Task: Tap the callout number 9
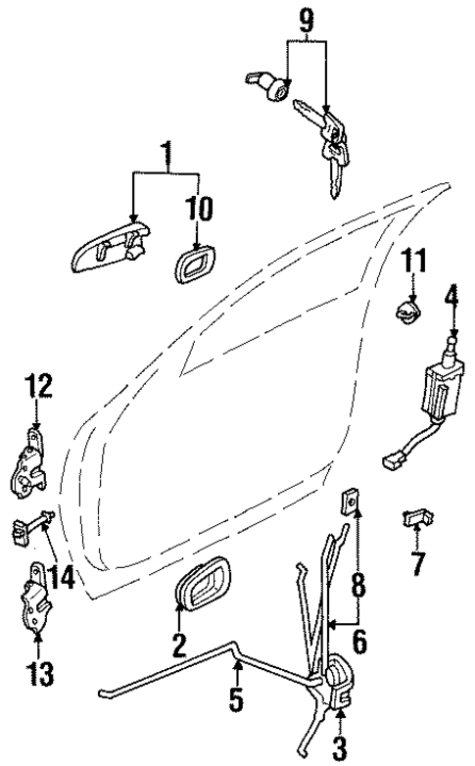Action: tap(306, 19)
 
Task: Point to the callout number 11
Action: tap(414, 262)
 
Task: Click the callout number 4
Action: tap(451, 295)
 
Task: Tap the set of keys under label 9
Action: tap(330, 144)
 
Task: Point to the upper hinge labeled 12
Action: tap(33, 460)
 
